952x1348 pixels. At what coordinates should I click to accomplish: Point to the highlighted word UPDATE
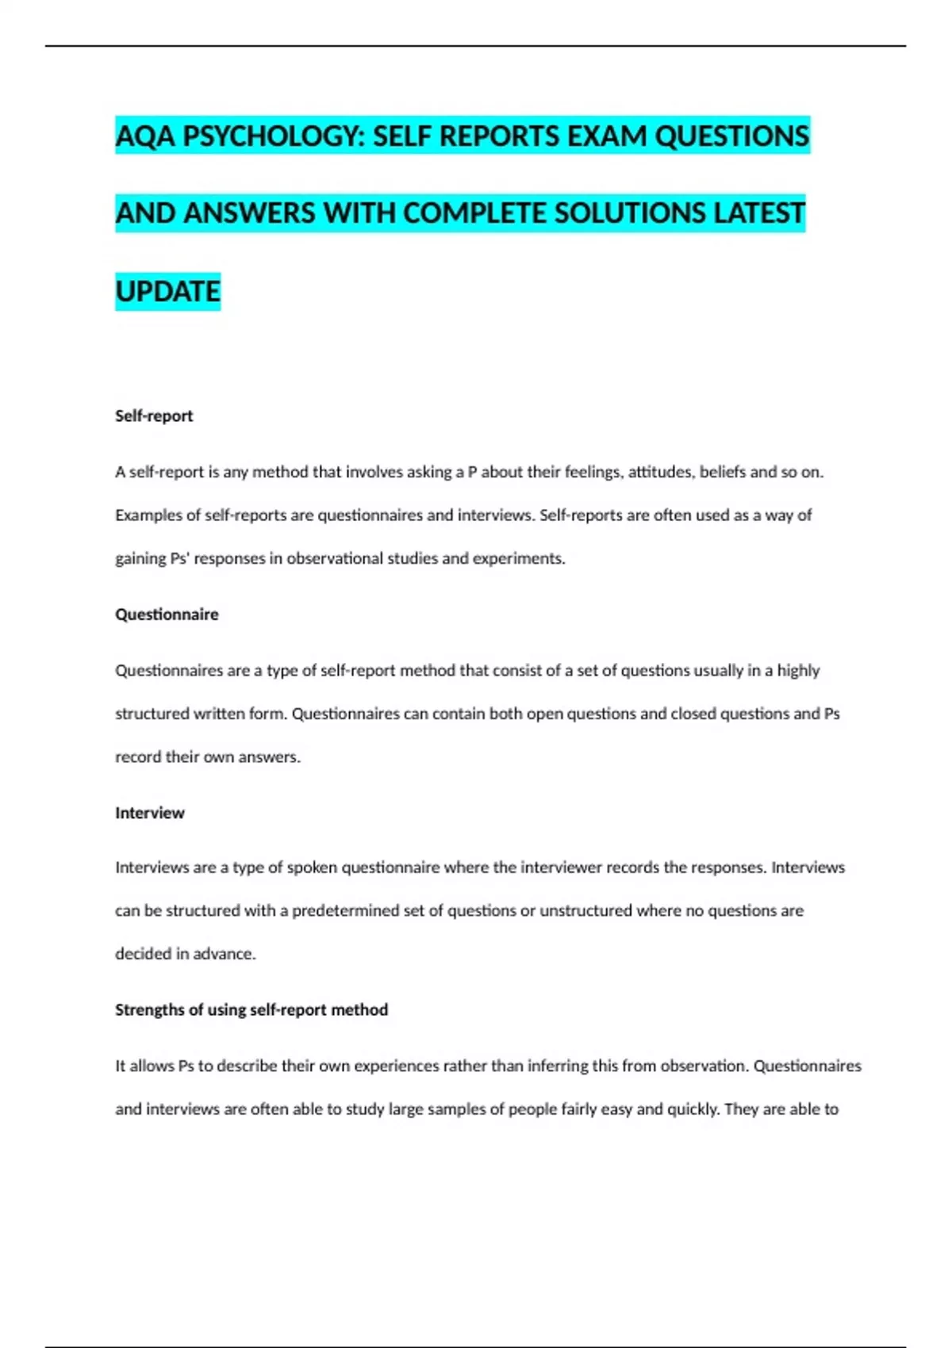pyautogui.click(x=167, y=292)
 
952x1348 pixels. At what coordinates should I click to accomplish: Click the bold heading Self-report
pyautogui.click(x=154, y=416)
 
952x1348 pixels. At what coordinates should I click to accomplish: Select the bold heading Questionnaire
pyautogui.click(x=167, y=615)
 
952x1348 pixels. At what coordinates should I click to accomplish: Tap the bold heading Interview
pyautogui.click(x=150, y=813)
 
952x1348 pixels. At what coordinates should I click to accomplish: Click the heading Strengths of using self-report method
pyautogui.click(x=251, y=1010)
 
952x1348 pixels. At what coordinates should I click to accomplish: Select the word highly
pyautogui.click(x=798, y=671)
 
